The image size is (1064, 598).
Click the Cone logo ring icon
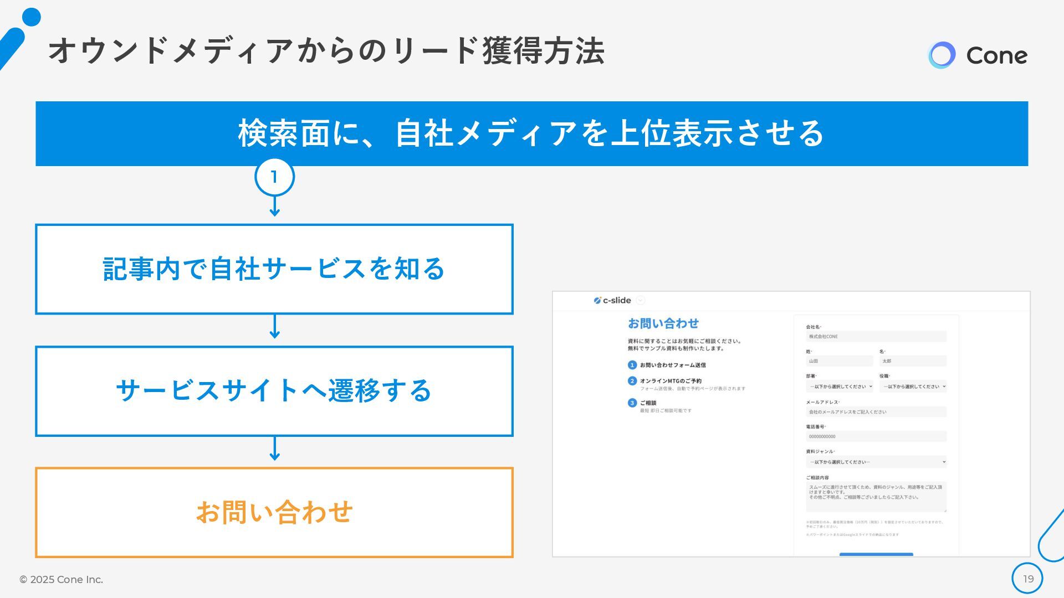(x=942, y=55)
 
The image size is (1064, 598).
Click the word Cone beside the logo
(x=996, y=55)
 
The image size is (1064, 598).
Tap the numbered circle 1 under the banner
(x=274, y=177)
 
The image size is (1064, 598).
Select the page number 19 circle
(x=1027, y=579)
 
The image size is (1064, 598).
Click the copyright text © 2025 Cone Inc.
(x=62, y=579)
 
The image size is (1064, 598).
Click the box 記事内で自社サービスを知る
(x=274, y=269)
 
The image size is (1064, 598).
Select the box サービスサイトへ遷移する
(x=274, y=391)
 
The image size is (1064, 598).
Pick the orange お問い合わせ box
(x=274, y=512)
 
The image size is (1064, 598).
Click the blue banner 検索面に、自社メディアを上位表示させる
(x=531, y=133)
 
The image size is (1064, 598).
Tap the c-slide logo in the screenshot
(x=612, y=300)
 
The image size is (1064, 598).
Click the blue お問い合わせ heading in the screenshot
(x=663, y=323)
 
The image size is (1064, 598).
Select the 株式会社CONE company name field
(x=876, y=337)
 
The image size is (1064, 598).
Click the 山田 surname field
(x=839, y=361)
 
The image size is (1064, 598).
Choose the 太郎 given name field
(x=913, y=361)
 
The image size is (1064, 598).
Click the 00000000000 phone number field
(x=876, y=436)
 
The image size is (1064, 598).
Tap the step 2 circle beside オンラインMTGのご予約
(x=632, y=381)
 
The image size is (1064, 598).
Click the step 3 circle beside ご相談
(x=632, y=403)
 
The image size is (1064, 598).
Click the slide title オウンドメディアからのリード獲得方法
(x=326, y=51)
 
